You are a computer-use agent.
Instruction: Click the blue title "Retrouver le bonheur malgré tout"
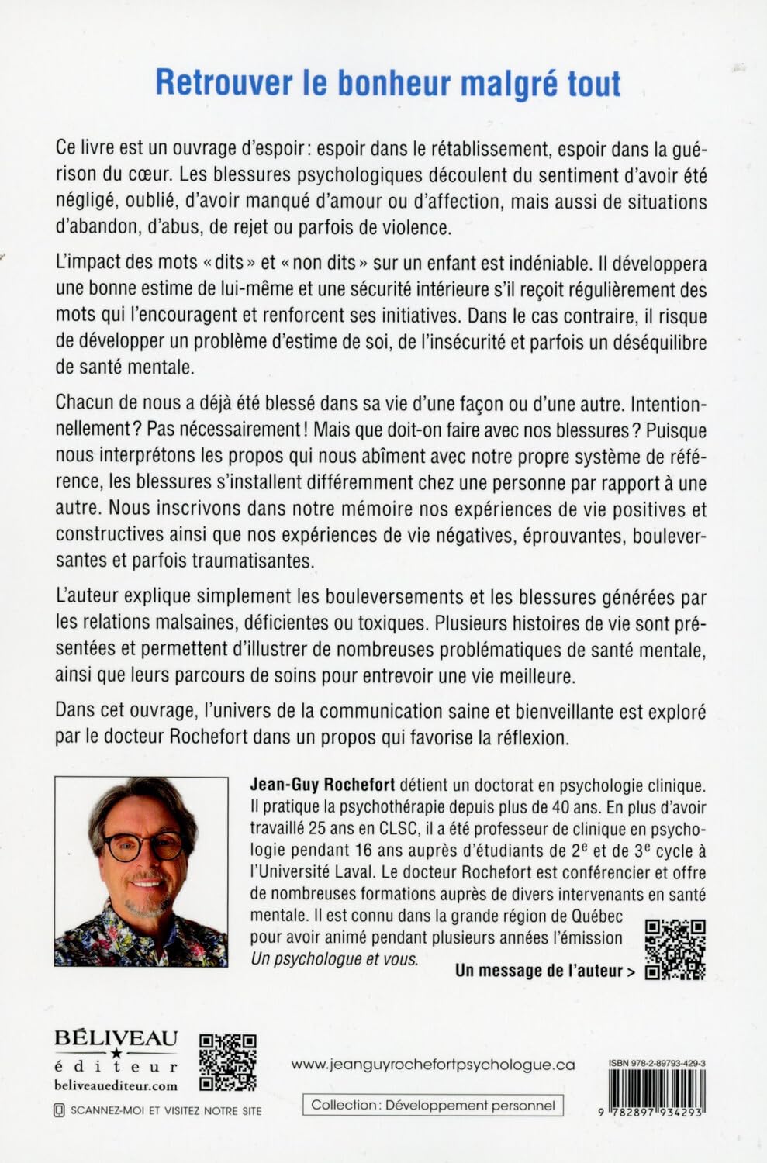(388, 84)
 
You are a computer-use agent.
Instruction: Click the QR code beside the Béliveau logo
(228, 1061)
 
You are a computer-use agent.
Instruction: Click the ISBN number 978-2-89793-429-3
(652, 1065)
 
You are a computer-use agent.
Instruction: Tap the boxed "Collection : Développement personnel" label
(433, 1105)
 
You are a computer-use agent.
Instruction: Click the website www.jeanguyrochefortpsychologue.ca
(433, 1065)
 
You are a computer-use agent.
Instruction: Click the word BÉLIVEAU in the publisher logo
(116, 1037)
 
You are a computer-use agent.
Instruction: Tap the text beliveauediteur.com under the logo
(116, 1085)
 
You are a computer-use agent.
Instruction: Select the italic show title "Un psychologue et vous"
(334, 959)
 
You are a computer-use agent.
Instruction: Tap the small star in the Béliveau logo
(116, 1053)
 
